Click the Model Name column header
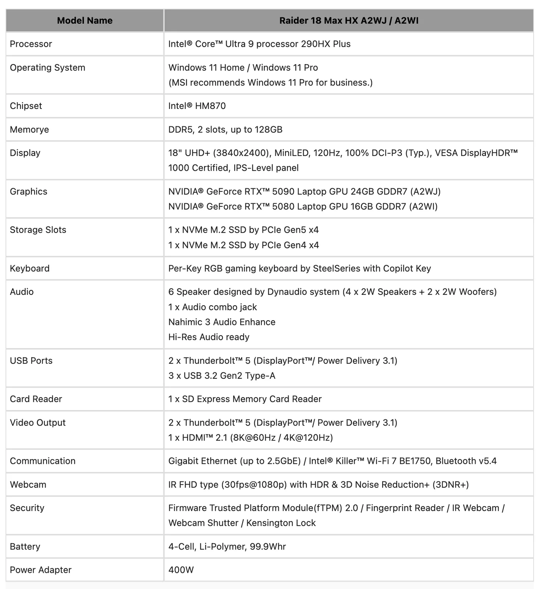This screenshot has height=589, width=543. [x=85, y=21]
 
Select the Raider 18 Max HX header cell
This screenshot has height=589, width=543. [x=349, y=21]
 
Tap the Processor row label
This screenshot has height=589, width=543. [x=31, y=44]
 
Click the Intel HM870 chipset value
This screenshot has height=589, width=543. [x=197, y=106]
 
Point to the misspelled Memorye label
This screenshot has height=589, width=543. [x=29, y=130]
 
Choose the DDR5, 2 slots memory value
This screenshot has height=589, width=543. [x=225, y=130]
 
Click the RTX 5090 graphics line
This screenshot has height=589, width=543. [x=304, y=191]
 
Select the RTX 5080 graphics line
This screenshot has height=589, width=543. [x=303, y=207]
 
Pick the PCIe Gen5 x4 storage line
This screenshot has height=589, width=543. [x=243, y=230]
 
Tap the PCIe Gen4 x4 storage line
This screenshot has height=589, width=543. [x=243, y=245]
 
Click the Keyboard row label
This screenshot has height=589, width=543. [x=29, y=268]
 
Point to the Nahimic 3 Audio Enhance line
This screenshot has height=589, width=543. [x=222, y=322]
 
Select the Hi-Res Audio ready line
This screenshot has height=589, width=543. [x=209, y=337]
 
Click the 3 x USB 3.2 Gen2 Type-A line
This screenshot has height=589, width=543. [x=222, y=376]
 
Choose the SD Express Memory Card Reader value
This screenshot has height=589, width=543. [x=245, y=399]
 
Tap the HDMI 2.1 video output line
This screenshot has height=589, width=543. [x=250, y=438]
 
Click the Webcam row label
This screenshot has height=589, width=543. [x=28, y=484]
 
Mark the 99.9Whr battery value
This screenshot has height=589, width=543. [x=227, y=547]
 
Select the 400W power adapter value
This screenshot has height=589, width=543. [x=181, y=570]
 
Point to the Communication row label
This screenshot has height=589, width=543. [x=43, y=461]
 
